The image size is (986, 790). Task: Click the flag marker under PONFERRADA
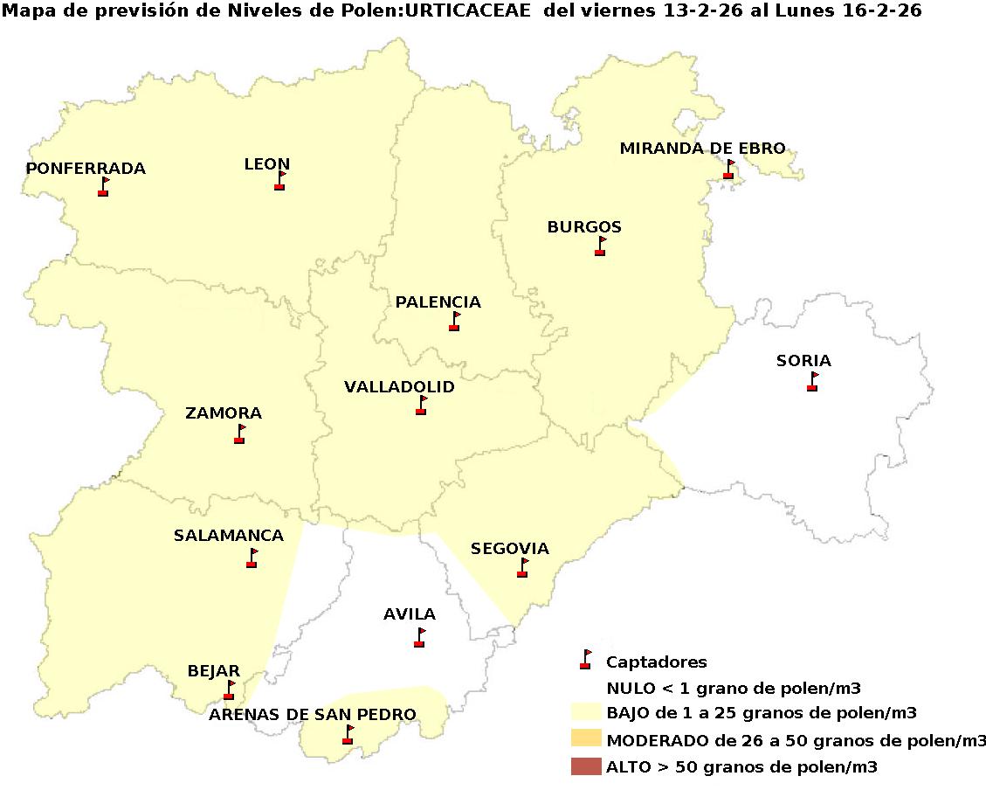point(104,187)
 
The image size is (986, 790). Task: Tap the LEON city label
point(267,164)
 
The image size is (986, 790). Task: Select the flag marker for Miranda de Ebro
point(728,170)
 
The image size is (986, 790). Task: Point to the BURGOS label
point(584,227)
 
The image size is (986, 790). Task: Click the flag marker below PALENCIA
point(454,322)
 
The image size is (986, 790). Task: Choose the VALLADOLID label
point(399,387)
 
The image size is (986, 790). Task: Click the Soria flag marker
point(812,382)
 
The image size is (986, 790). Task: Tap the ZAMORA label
point(224,413)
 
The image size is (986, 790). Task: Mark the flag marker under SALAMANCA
point(252,558)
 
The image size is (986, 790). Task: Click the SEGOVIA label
point(510,549)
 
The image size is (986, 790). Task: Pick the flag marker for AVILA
point(419,638)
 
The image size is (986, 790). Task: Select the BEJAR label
point(214,671)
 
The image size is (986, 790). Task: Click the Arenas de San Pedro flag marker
point(348,735)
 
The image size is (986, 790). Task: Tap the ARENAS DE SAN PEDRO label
point(312,715)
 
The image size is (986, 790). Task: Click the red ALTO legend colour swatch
point(586,767)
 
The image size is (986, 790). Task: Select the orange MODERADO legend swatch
point(586,738)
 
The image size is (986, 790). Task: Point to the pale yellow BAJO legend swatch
point(586,711)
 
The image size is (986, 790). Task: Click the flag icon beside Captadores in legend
point(586,660)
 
